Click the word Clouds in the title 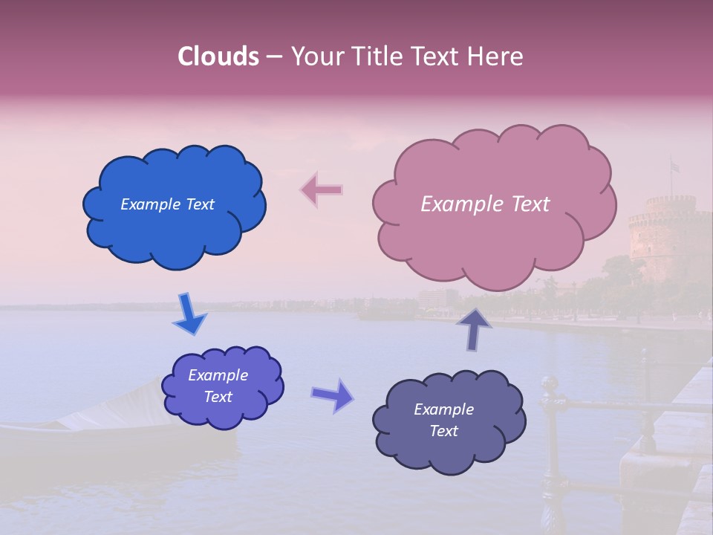click(218, 56)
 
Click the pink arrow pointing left click(322, 190)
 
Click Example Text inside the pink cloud click(485, 204)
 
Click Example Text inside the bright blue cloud click(167, 204)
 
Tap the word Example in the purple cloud click(218, 375)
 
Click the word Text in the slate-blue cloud click(443, 431)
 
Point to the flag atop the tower click(674, 167)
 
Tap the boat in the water click(111, 427)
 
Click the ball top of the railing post click(549, 383)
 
